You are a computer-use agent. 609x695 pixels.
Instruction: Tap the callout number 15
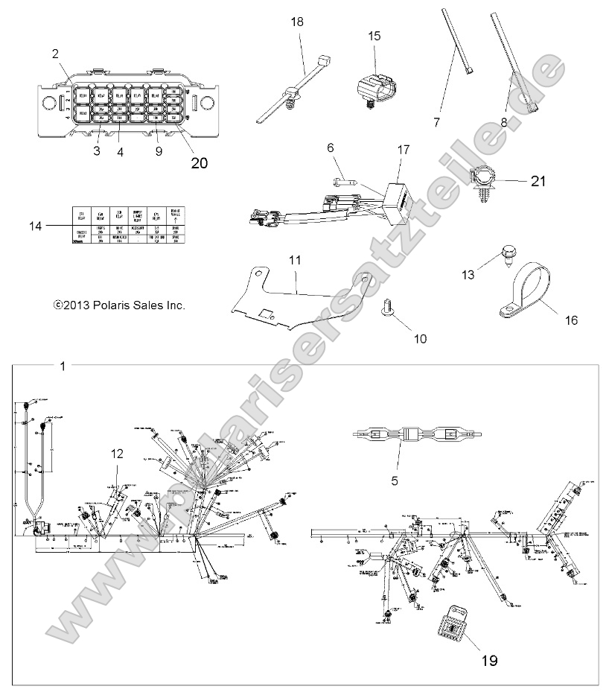pyautogui.click(x=373, y=35)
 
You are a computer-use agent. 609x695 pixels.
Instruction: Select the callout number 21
pyautogui.click(x=538, y=180)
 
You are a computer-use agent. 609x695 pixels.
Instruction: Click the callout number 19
pyautogui.click(x=488, y=659)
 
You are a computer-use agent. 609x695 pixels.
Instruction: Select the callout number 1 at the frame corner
pyautogui.click(x=63, y=366)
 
